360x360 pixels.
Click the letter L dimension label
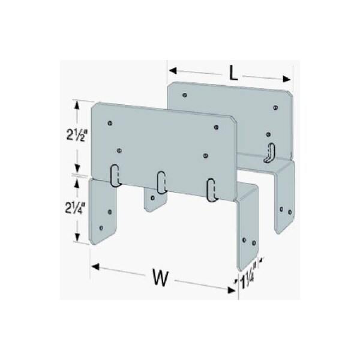[234, 74]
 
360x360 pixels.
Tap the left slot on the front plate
[115, 175]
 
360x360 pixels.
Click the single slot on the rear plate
[271, 152]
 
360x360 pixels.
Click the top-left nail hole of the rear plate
[185, 94]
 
